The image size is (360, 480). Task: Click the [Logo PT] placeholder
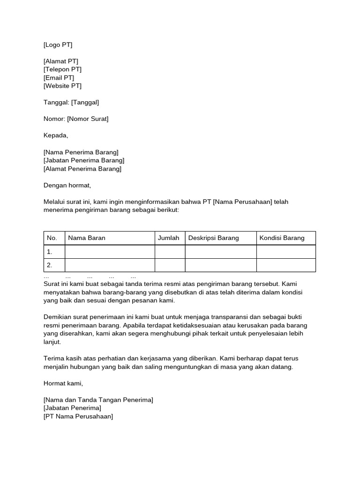58,45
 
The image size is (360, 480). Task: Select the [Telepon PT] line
62,69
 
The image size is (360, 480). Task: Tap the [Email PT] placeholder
59,78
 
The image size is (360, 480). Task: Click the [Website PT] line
62,86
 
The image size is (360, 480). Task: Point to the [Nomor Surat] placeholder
88,119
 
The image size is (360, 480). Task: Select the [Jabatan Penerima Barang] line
84,160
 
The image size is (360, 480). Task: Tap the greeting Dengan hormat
67,185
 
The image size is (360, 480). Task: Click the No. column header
52,238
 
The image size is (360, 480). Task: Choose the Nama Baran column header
87,238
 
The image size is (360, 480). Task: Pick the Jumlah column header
169,238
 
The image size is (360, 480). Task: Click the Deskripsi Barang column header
214,238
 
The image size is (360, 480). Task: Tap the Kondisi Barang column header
282,238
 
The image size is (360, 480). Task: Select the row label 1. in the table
50,252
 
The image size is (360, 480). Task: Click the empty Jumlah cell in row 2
170,265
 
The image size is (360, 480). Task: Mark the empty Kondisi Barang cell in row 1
286,252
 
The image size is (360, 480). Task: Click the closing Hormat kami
63,383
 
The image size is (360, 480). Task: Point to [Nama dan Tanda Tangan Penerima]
98,400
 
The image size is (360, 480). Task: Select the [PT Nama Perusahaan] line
78,416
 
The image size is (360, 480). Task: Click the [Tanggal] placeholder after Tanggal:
85,102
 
